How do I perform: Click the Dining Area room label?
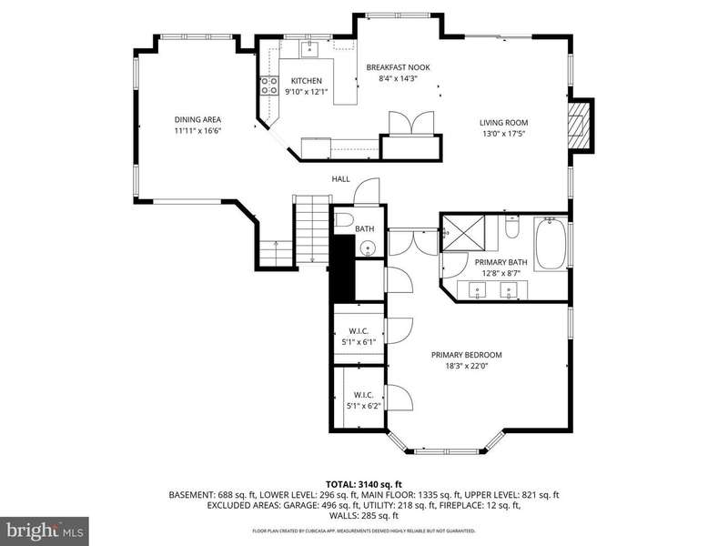[197, 120]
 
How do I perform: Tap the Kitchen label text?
[307, 81]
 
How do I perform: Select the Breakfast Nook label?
[398, 67]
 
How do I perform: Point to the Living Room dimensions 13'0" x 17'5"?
[504, 134]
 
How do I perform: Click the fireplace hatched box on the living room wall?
[579, 125]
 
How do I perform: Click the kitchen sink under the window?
[308, 48]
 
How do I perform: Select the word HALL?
[340, 179]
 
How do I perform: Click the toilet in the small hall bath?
[344, 220]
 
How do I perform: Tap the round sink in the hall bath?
[368, 248]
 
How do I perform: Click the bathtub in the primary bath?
[551, 243]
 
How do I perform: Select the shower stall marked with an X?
[463, 233]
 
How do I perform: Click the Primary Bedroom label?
[467, 355]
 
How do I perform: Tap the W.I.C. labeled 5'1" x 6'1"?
[359, 337]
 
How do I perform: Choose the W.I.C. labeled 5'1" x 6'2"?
[363, 400]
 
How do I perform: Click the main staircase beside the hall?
[312, 229]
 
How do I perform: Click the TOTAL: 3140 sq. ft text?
[363, 485]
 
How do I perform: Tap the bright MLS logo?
[45, 530]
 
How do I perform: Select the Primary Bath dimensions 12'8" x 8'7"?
[501, 274]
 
